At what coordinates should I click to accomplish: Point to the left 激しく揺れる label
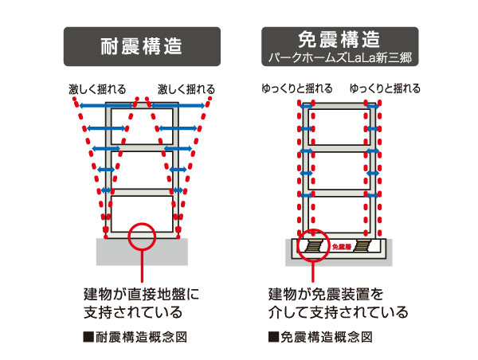(96, 88)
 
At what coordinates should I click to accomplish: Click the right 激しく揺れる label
(186, 88)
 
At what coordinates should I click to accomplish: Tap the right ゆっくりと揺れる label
(385, 88)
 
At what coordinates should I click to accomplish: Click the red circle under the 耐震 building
(141, 235)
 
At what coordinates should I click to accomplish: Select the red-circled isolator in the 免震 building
(313, 245)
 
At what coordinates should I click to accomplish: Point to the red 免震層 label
(340, 247)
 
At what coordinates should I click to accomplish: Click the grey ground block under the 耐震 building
(142, 252)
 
